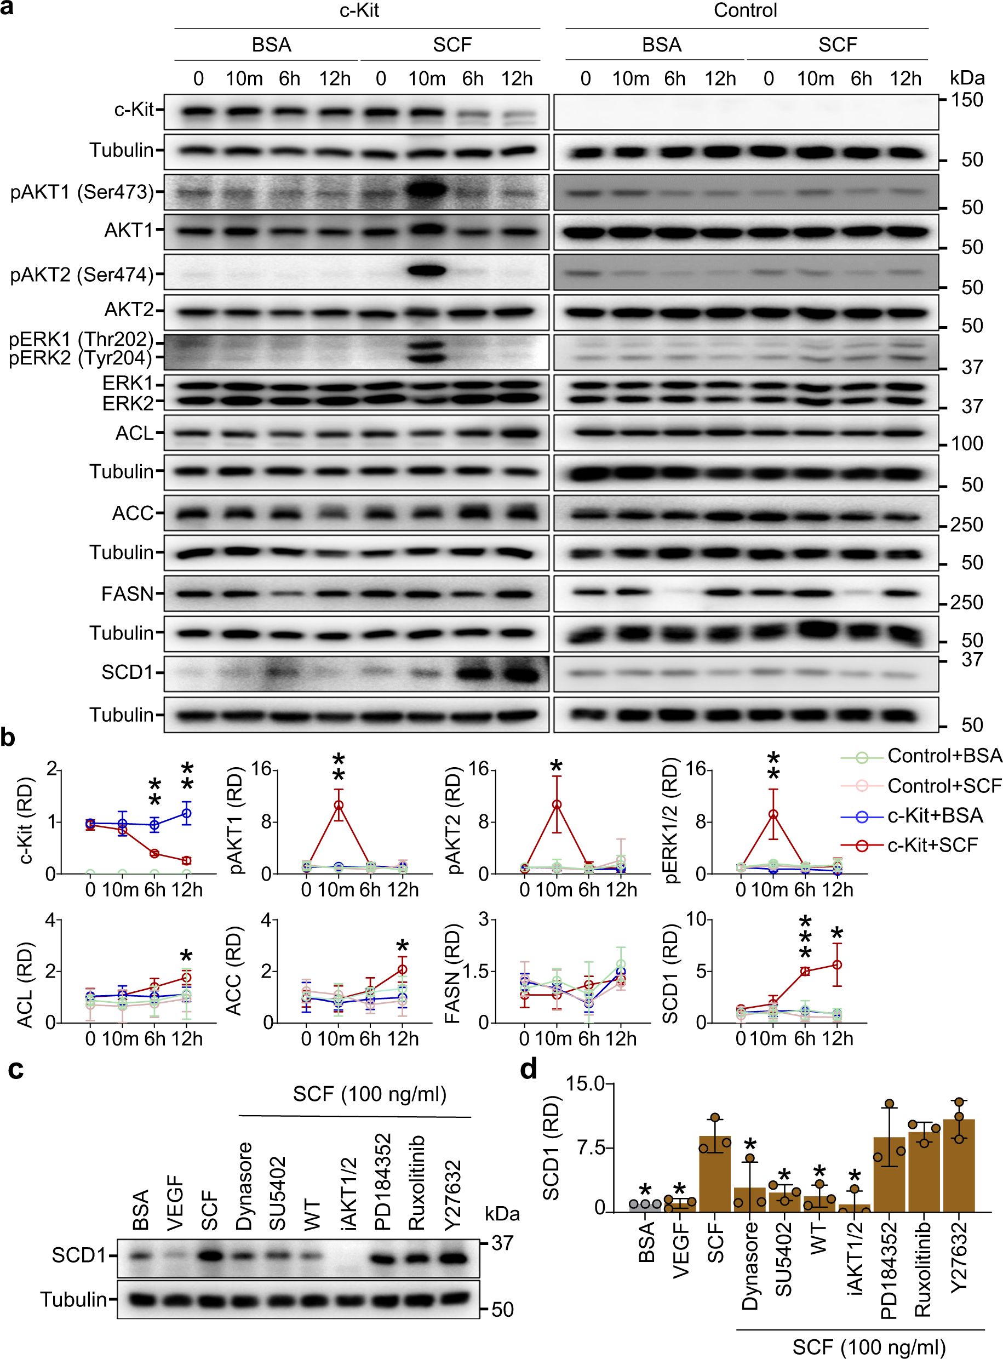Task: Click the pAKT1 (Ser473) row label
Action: pos(82,192)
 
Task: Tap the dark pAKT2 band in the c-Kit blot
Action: pos(427,270)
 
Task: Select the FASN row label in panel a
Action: pos(128,593)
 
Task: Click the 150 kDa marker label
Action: pos(966,100)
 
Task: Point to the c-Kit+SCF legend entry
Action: pos(932,844)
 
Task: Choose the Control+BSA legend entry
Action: pos(943,756)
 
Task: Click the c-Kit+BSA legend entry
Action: pos(935,815)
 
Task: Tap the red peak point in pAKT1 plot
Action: pos(339,804)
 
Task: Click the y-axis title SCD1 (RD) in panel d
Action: pos(551,1147)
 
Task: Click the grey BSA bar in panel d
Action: pos(645,1206)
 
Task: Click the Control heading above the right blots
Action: pos(745,10)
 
